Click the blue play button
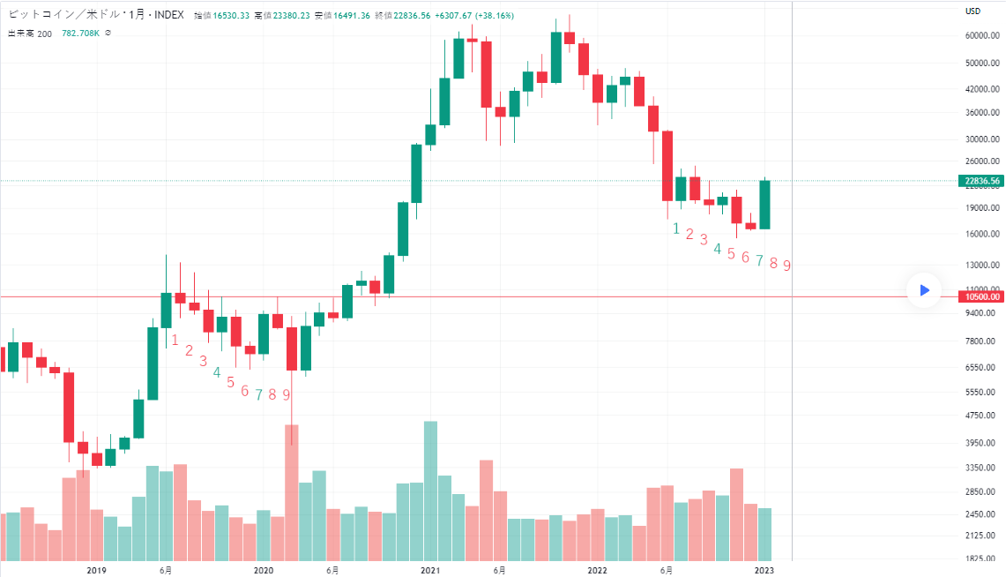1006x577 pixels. click(x=924, y=289)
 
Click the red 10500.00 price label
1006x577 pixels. click(x=982, y=296)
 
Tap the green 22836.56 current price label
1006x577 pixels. click(x=982, y=181)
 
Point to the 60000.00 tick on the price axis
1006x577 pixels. click(x=982, y=35)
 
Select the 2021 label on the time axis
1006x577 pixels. click(x=430, y=570)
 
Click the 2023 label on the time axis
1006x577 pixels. click(x=765, y=570)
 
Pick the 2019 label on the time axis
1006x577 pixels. click(x=97, y=570)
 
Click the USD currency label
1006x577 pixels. click(x=973, y=11)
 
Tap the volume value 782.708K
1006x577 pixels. click(x=80, y=34)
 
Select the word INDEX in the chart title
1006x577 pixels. click(x=168, y=16)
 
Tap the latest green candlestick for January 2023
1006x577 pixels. click(x=764, y=205)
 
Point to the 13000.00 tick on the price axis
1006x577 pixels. click(x=982, y=265)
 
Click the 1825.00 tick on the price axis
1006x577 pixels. click(x=982, y=558)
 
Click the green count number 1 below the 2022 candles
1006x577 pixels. click(x=676, y=229)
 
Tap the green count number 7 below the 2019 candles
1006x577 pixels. click(x=258, y=394)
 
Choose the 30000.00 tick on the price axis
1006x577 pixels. click(x=982, y=139)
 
